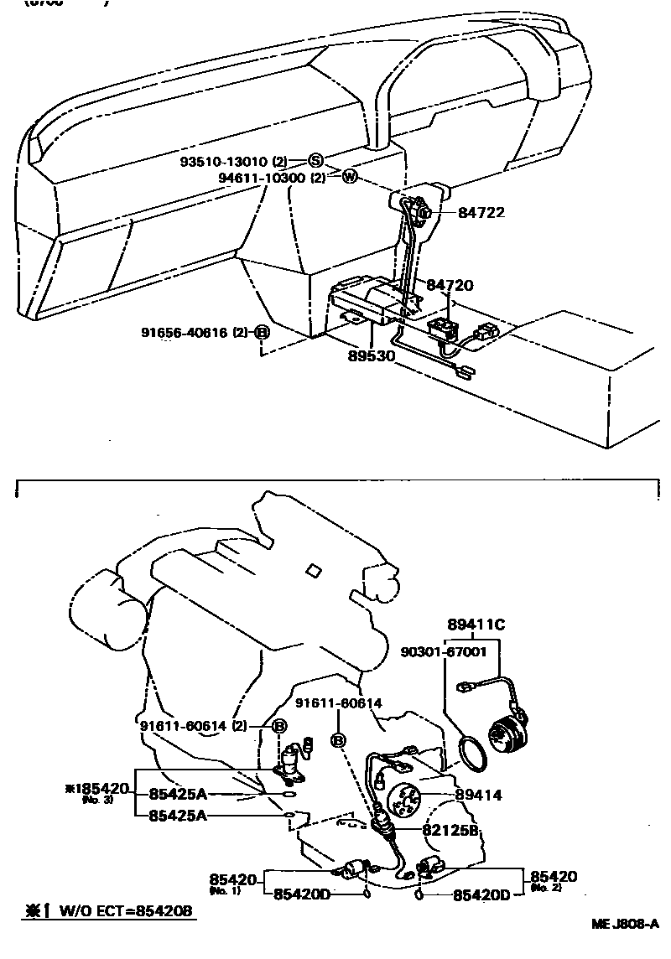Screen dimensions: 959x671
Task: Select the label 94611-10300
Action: point(262,178)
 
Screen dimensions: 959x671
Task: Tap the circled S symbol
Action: point(315,160)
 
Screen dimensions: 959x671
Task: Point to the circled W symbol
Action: point(350,177)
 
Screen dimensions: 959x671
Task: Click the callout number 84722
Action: point(481,213)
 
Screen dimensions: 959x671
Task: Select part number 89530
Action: point(372,355)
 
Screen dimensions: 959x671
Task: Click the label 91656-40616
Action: point(185,333)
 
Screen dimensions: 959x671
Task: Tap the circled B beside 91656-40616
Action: point(261,333)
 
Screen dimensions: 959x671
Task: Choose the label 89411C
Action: point(476,624)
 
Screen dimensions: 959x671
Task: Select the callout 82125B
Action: point(450,830)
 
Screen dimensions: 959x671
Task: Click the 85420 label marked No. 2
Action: point(554,877)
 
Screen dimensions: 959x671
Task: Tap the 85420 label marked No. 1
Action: point(232,879)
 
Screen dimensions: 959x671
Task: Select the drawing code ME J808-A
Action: point(625,925)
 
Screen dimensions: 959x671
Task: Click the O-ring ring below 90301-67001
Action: point(473,754)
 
